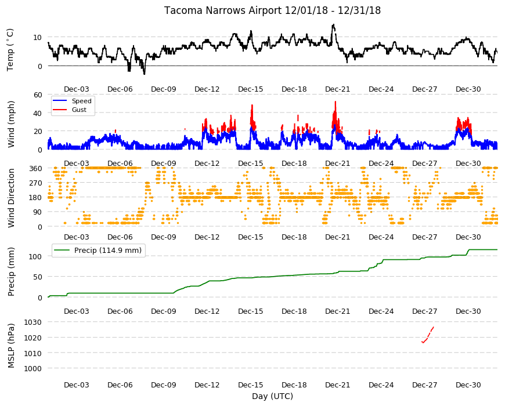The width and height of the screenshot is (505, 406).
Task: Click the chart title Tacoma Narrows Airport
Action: tap(223, 10)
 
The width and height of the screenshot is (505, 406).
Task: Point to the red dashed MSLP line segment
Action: tap(428, 335)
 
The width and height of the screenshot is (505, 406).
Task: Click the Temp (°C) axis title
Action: tap(10, 49)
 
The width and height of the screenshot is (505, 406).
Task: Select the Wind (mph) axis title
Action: tap(11, 125)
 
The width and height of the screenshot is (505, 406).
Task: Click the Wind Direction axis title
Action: tap(11, 198)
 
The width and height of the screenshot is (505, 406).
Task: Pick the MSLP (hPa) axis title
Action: tap(11, 345)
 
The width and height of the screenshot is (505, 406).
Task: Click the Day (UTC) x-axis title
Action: tap(272, 396)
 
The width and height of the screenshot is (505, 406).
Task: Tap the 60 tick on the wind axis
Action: tap(38, 95)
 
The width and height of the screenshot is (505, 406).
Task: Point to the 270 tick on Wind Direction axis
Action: tap(35, 183)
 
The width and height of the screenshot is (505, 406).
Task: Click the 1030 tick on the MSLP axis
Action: tap(33, 322)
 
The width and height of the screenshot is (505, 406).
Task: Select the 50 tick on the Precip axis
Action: tap(38, 277)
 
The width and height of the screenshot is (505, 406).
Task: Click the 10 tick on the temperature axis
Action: tap(37, 37)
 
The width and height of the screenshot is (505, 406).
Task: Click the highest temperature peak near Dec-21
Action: tap(333, 25)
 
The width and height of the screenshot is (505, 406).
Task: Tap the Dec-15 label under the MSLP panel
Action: tap(251, 385)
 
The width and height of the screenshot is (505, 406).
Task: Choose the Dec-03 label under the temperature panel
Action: tap(76, 89)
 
